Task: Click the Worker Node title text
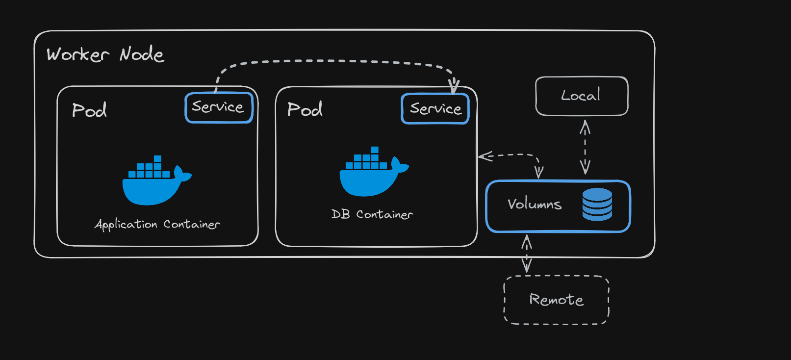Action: click(105, 54)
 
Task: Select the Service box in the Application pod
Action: click(219, 107)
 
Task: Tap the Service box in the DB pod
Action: click(435, 109)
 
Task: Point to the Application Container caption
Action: click(157, 224)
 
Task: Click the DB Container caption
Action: click(372, 214)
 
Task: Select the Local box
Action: click(582, 96)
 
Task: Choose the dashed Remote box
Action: click(557, 300)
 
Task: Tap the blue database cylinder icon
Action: click(597, 204)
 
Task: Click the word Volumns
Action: click(535, 204)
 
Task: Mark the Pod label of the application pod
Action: click(89, 110)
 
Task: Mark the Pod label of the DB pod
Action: click(305, 109)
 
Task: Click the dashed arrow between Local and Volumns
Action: click(585, 147)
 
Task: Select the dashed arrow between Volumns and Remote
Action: click(527, 254)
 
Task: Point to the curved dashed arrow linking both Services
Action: click(333, 61)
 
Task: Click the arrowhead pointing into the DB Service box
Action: click(454, 86)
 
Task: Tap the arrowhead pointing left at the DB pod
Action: click(484, 156)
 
